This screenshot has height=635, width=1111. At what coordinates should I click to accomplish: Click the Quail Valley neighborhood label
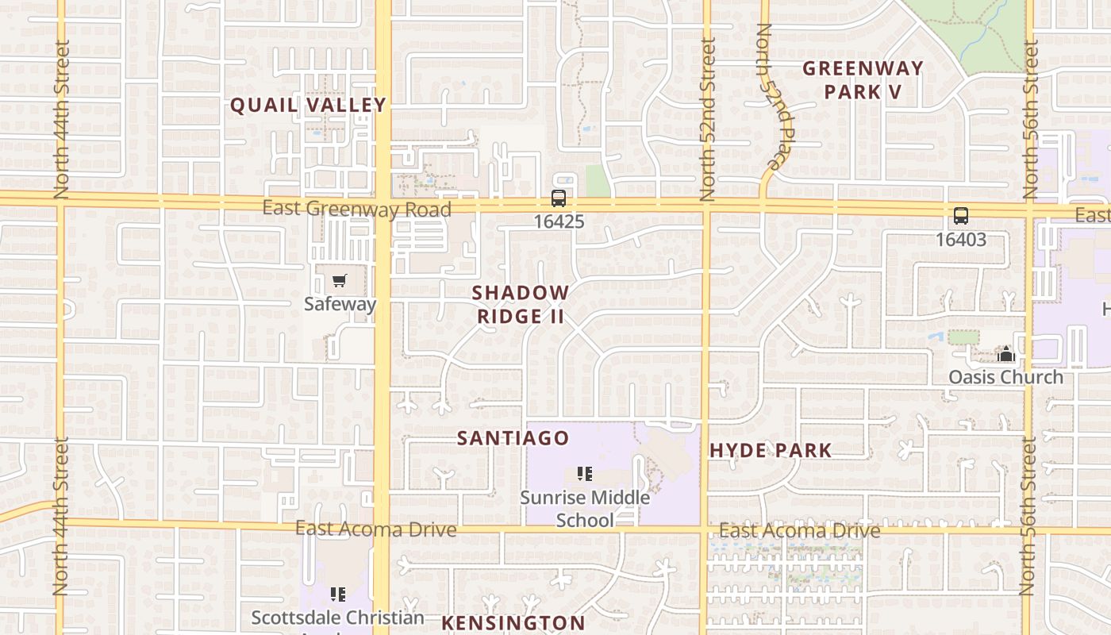pos(308,105)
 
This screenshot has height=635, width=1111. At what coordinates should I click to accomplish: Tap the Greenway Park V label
pos(863,80)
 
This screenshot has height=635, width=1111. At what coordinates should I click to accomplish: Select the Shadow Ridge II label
pos(521,304)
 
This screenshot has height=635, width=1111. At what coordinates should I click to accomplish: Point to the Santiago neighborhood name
pos(513,438)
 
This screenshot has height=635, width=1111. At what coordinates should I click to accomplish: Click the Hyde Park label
pos(771,451)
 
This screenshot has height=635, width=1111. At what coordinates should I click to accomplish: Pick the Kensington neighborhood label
pos(513,622)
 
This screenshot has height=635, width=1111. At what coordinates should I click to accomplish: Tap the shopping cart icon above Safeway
pos(340,281)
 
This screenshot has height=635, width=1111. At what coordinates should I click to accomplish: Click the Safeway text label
pos(340,303)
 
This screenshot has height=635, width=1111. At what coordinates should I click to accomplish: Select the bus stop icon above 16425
pos(559,198)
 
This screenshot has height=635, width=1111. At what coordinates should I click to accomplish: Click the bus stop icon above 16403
pos(960,216)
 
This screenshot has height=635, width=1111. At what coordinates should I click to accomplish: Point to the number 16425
pos(559,221)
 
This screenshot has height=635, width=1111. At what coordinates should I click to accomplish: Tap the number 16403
pos(960,239)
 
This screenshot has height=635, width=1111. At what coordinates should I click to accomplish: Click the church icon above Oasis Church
pos(1005,354)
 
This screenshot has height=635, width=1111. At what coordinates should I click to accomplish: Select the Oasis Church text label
pos(1005,376)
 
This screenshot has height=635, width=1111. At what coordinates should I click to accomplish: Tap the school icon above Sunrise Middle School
pos(585,475)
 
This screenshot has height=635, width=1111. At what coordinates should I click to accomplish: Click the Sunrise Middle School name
pos(585,509)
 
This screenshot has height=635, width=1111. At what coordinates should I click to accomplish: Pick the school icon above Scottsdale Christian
pos(338,594)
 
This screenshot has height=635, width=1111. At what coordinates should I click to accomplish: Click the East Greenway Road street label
pos(356,209)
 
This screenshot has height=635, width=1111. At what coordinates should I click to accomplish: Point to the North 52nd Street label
pos(708,119)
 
